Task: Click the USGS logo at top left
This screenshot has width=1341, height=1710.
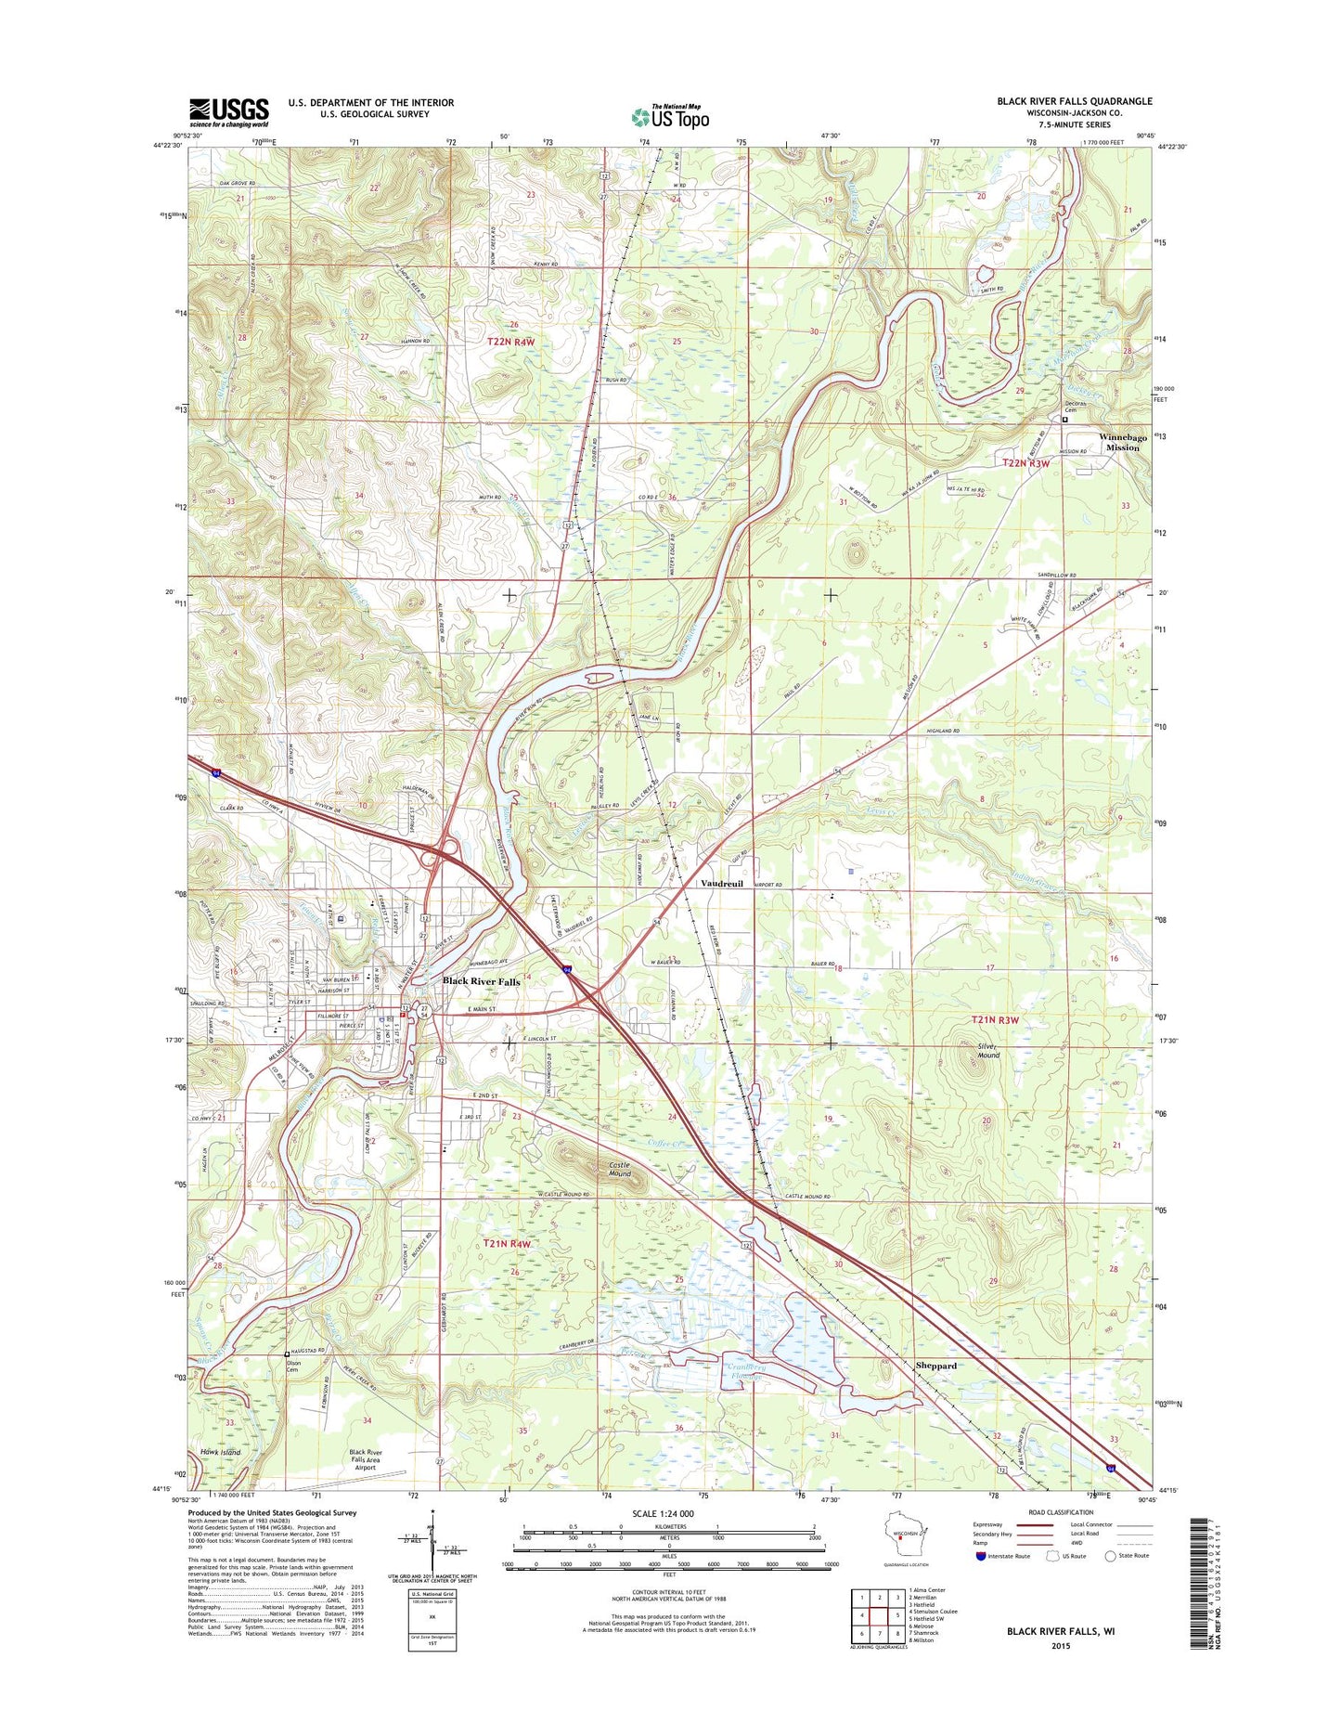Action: coord(229,111)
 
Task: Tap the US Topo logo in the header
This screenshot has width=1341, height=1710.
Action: coord(671,116)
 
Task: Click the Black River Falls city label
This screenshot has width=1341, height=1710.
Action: coord(481,981)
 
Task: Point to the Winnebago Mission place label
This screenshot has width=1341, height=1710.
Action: coord(1123,442)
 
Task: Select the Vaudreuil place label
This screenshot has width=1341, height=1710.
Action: coord(721,884)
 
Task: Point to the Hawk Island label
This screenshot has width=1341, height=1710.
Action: coord(221,1452)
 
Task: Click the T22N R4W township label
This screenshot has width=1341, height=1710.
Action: coord(511,343)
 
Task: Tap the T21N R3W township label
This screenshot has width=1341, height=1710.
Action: coord(995,1020)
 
